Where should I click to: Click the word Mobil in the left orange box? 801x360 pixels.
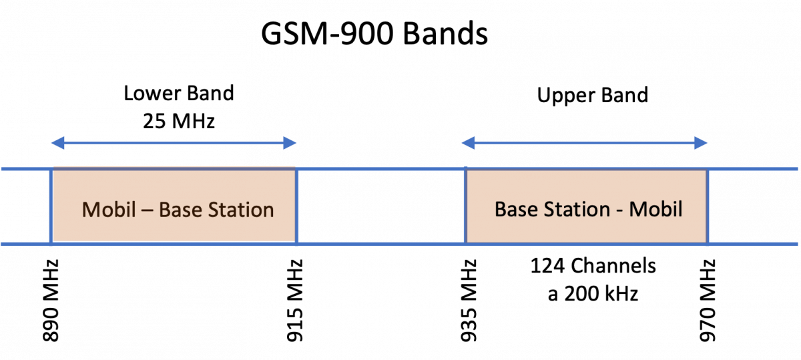108,210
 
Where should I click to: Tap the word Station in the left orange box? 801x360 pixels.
241,210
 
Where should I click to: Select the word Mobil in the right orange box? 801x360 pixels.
655,209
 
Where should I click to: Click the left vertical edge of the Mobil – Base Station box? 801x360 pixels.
51,206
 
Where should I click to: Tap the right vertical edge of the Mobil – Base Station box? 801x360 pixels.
297,206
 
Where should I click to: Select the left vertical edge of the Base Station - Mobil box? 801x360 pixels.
465,206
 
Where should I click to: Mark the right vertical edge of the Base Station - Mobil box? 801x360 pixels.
708,206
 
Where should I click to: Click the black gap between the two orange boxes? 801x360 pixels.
380,206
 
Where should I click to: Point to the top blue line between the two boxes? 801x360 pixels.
380,169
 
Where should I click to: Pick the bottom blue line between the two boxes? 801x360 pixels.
380,244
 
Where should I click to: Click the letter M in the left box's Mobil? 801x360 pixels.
91,210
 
